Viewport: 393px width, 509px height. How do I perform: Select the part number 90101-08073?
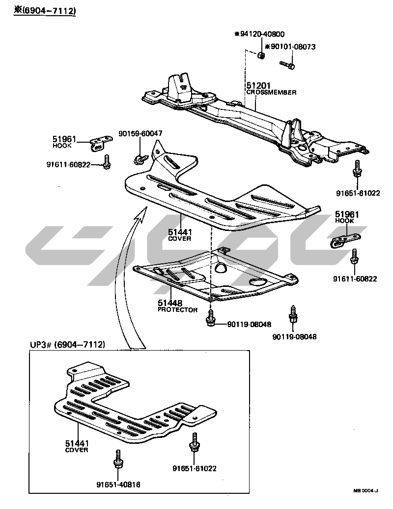pos(291,47)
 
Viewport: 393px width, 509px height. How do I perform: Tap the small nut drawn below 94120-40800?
pos(262,55)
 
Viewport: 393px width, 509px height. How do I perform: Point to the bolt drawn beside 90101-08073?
pos(287,64)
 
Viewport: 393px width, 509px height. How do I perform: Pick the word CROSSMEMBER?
pos(271,93)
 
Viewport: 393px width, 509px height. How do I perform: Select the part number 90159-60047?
pos(140,133)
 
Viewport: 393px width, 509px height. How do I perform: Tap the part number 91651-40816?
pos(118,484)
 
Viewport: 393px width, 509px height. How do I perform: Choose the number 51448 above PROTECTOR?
pos(170,304)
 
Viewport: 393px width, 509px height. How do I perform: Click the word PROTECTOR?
pos(177,310)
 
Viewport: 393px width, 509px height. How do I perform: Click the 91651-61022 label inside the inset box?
pos(195,468)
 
